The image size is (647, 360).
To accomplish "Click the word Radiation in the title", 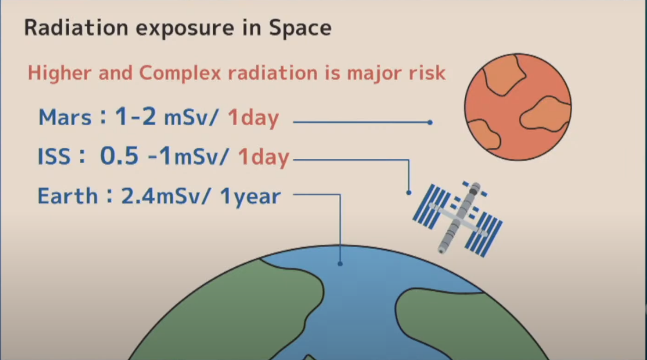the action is click(76, 28).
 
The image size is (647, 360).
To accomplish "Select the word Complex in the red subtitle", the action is click(180, 73).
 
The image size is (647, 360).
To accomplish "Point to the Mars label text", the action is click(65, 118).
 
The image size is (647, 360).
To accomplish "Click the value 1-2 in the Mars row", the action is click(136, 116).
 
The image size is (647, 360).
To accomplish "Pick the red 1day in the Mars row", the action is click(254, 118).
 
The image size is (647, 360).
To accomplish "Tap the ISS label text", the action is click(54, 156).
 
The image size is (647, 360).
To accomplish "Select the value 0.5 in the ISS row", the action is click(119, 156).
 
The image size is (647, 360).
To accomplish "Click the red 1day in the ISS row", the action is click(264, 158).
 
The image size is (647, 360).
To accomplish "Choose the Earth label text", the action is click(68, 196).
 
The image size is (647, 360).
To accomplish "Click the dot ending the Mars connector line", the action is click(430, 122).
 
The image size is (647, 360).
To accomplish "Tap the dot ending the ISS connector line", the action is click(409, 193).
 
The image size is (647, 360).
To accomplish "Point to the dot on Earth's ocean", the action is click(340, 264).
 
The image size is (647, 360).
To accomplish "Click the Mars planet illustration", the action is click(518, 107).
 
